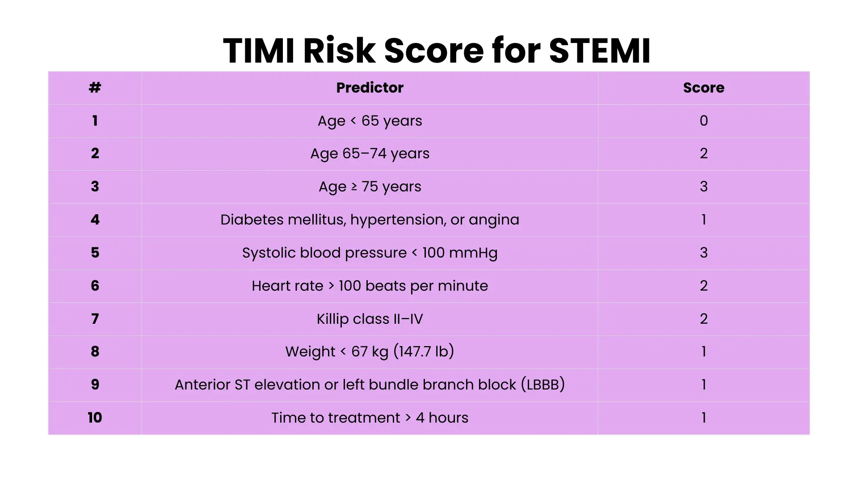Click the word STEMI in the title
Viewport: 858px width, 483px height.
coord(599,51)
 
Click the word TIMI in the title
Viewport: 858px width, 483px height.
coord(259,51)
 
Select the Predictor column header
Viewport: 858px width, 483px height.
coord(370,88)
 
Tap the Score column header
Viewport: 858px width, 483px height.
coord(703,88)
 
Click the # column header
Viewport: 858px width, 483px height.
coord(95,88)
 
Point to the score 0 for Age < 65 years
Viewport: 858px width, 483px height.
coord(703,121)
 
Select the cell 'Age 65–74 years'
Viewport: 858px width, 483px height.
coord(370,154)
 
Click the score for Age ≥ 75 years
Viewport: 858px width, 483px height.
coord(703,186)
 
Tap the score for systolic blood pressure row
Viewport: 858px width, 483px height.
coord(703,253)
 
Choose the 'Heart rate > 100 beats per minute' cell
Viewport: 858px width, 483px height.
coord(370,286)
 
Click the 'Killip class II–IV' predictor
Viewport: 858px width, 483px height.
coord(370,319)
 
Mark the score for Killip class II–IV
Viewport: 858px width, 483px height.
coord(703,319)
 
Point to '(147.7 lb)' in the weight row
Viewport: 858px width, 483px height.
coord(424,352)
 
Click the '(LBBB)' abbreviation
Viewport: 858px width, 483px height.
coord(543,385)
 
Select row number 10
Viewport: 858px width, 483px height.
coord(95,418)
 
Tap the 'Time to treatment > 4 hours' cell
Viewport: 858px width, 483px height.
coord(370,418)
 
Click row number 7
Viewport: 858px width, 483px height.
coord(95,319)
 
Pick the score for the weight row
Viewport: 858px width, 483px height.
coord(703,352)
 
